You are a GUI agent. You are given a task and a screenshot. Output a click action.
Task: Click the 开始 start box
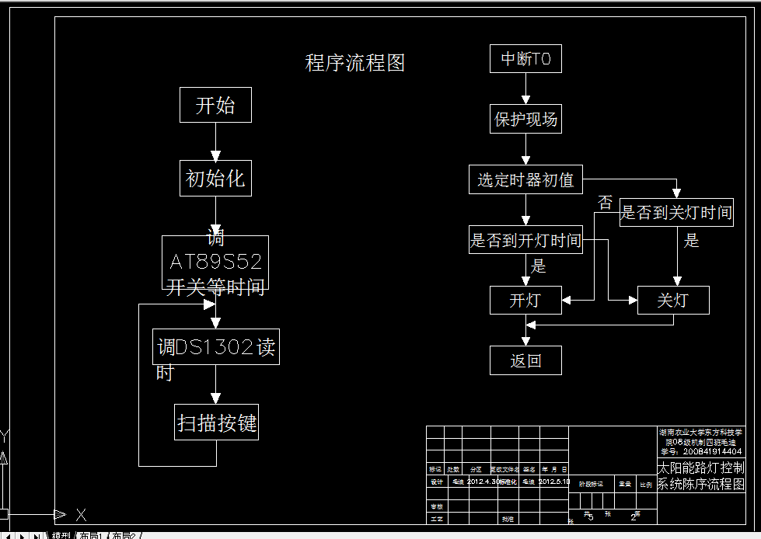coord(215,105)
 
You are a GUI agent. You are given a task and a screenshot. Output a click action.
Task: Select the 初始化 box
coord(215,179)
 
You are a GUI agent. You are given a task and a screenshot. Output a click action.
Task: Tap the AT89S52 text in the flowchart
coord(215,261)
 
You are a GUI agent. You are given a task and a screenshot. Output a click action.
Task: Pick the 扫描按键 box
coord(216,423)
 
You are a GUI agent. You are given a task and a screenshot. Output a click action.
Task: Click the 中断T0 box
coord(525,59)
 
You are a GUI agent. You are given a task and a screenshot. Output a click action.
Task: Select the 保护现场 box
coord(525,120)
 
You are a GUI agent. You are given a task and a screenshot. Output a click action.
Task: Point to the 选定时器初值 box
coord(525,180)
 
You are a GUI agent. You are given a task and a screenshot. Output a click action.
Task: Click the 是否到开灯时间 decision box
coord(525,240)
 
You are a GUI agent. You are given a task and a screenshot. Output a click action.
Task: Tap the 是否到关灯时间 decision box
coord(676,212)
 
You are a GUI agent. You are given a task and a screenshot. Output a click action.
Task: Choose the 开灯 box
coord(525,300)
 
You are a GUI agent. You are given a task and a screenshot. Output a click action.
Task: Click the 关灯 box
coord(672,300)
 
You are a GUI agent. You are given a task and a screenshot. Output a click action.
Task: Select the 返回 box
coord(525,360)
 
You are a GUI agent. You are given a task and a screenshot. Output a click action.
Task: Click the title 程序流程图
coord(355,63)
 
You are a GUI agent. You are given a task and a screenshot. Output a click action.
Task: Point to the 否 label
coord(605,203)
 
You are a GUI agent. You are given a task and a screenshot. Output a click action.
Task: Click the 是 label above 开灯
coord(538,266)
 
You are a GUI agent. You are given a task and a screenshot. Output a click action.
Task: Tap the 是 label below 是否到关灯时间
coord(691,241)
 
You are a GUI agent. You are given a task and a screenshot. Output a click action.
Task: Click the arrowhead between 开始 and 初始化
coord(216,154)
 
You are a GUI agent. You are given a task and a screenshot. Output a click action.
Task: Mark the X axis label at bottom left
coord(81,514)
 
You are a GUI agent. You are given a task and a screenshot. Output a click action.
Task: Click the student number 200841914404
coord(712,451)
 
